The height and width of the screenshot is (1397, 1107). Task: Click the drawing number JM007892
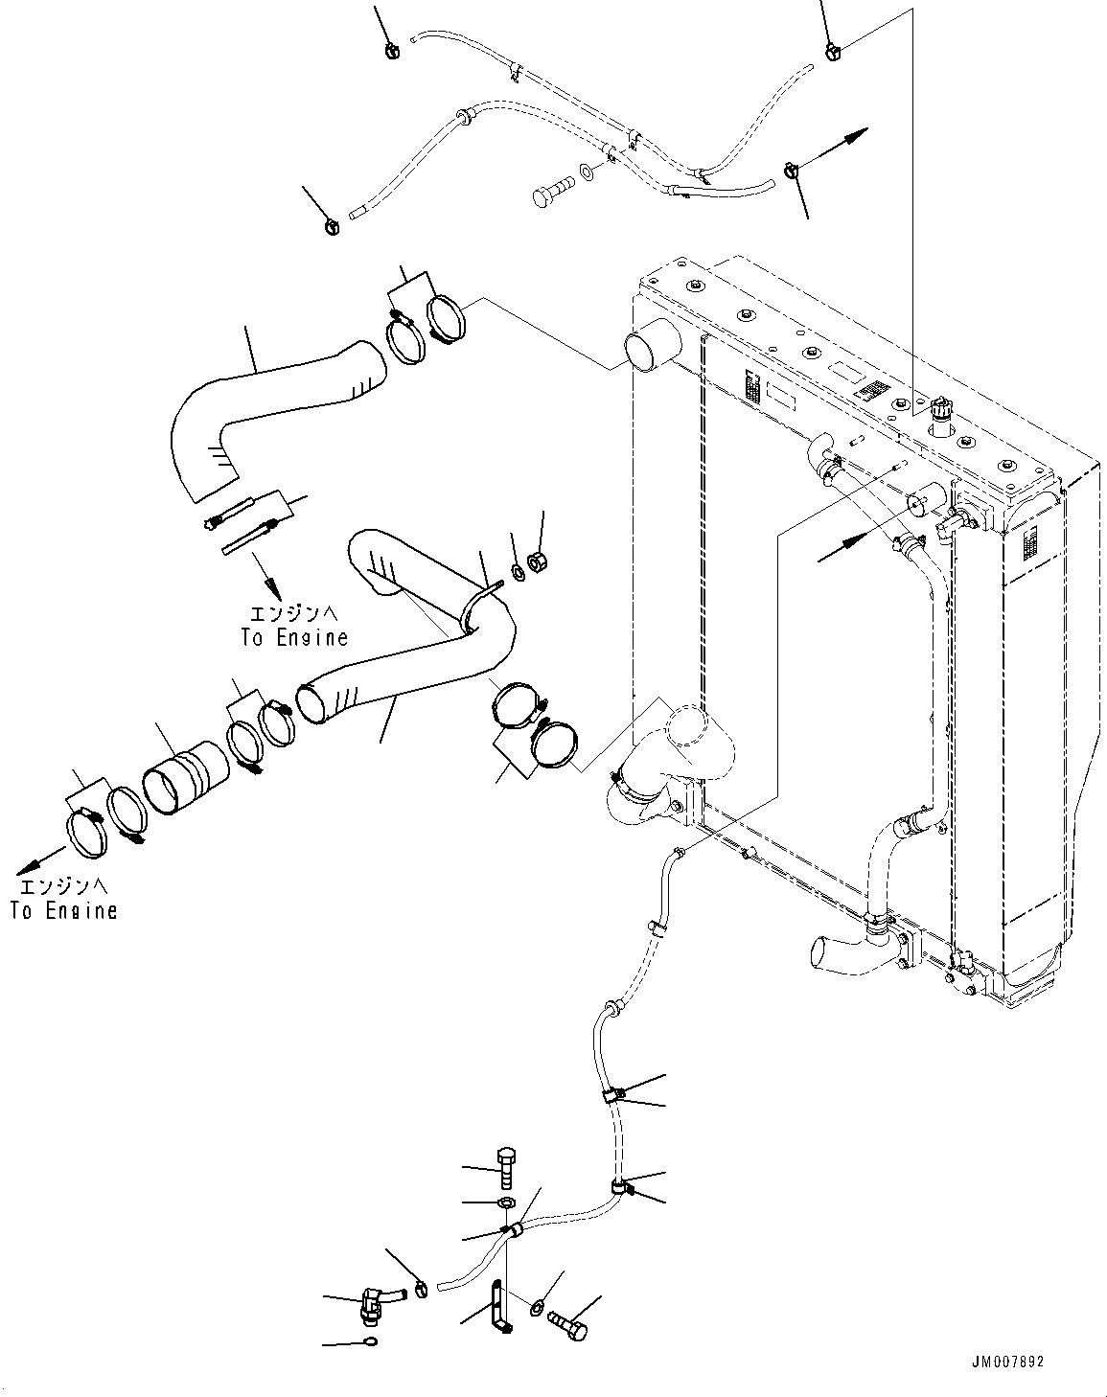point(1007,1362)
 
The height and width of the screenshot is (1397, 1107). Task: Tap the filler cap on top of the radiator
point(940,410)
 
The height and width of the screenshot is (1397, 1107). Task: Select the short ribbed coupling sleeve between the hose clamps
point(185,777)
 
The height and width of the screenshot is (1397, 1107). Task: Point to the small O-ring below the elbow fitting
point(371,1341)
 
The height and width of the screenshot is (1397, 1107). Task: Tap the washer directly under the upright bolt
point(506,1202)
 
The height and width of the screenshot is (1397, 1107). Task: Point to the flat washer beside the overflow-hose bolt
point(587,172)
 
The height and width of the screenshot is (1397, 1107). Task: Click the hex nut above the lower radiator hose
point(539,561)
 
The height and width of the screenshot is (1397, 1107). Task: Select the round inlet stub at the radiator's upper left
point(651,345)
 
